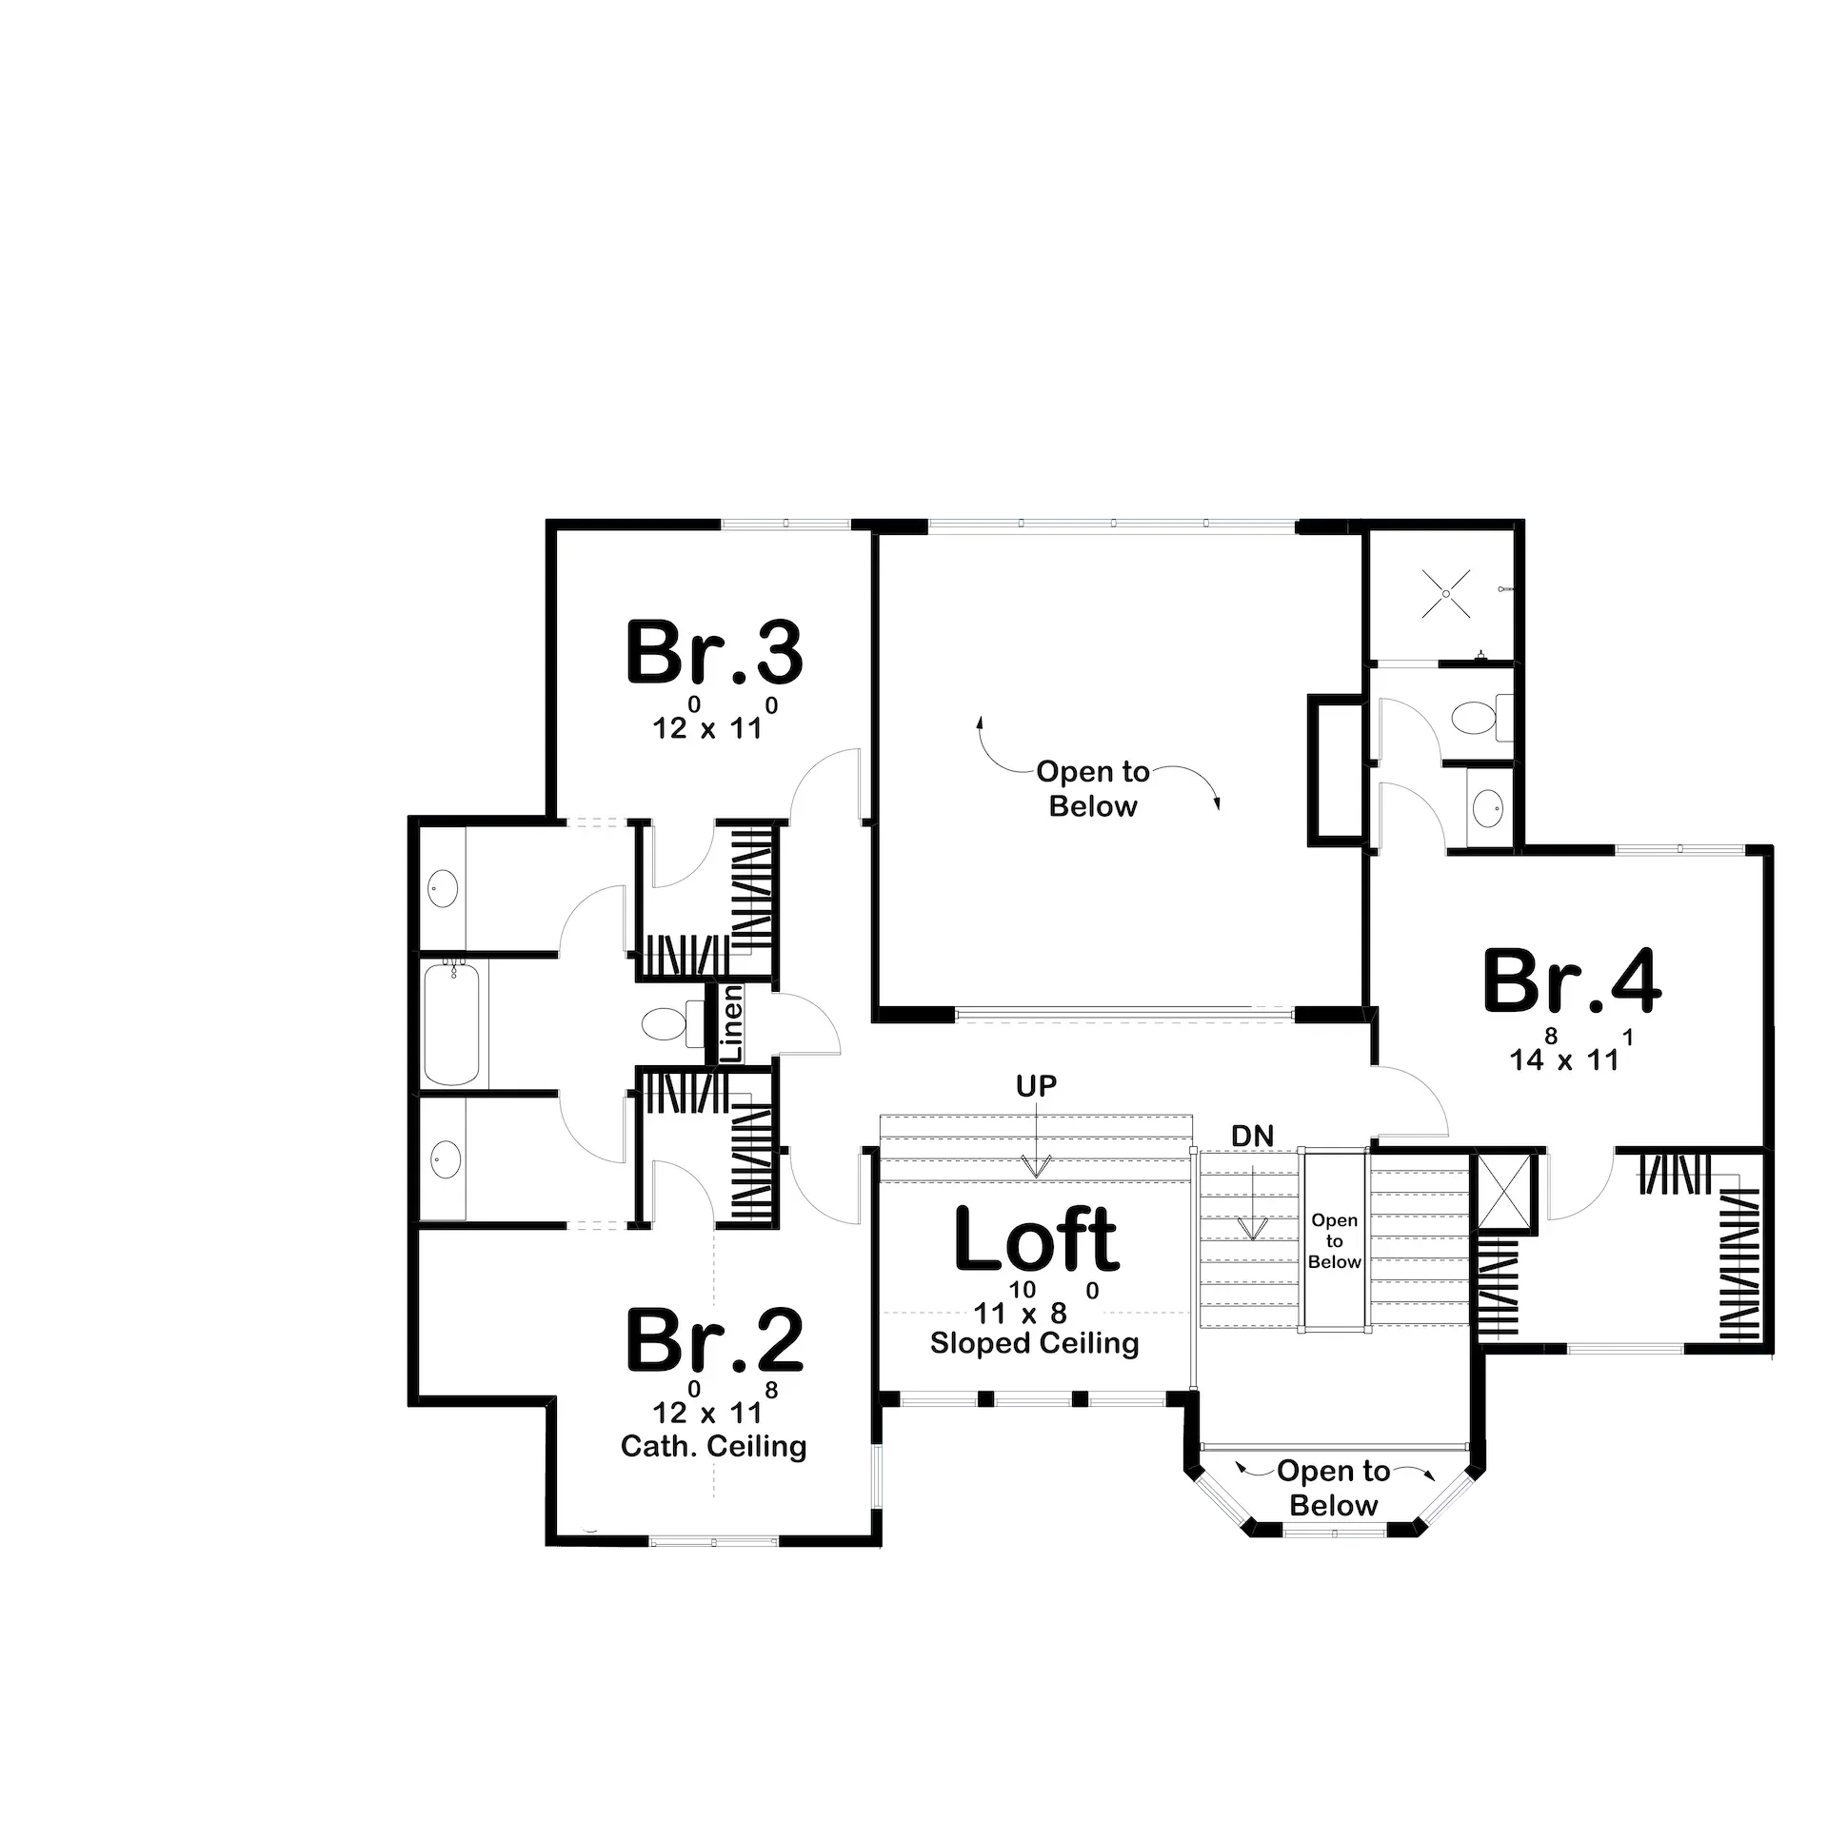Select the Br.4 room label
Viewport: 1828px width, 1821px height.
click(1572, 981)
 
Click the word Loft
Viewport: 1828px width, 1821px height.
click(1036, 1239)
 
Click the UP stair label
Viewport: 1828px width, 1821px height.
click(1036, 1086)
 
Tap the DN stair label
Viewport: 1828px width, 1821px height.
click(1252, 1136)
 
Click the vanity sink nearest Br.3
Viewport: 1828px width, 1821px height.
click(443, 889)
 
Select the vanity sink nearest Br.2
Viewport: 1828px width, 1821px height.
click(444, 1159)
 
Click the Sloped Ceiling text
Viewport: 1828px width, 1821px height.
click(1034, 1343)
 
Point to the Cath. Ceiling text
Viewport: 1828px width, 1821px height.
click(713, 1446)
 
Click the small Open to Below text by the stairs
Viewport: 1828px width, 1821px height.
click(1334, 1241)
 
